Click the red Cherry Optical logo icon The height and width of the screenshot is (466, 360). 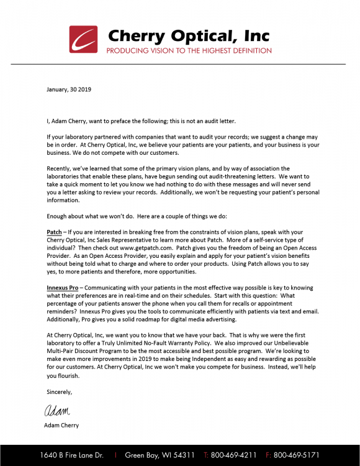(x=83, y=39)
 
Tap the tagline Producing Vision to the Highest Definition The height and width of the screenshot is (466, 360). (x=189, y=50)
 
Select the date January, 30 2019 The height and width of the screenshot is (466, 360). (x=69, y=90)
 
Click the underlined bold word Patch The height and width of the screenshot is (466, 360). (x=54, y=232)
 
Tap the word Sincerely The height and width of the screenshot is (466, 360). (x=60, y=391)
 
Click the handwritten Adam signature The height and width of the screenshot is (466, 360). (x=57, y=410)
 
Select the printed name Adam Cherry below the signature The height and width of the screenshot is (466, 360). (x=63, y=426)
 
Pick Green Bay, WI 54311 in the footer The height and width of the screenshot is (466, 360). (x=160, y=455)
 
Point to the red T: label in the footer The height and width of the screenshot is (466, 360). (x=206, y=455)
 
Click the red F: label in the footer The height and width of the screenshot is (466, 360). (x=268, y=455)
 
